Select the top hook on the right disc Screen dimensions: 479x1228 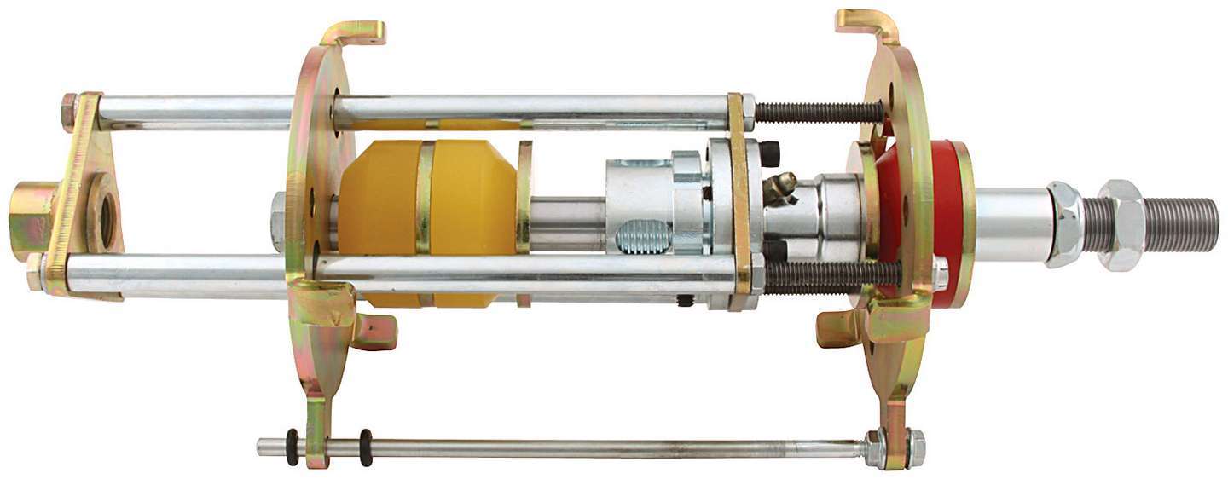865,24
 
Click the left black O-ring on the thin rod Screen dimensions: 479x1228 293,447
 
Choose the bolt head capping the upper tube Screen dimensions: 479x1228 68,111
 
